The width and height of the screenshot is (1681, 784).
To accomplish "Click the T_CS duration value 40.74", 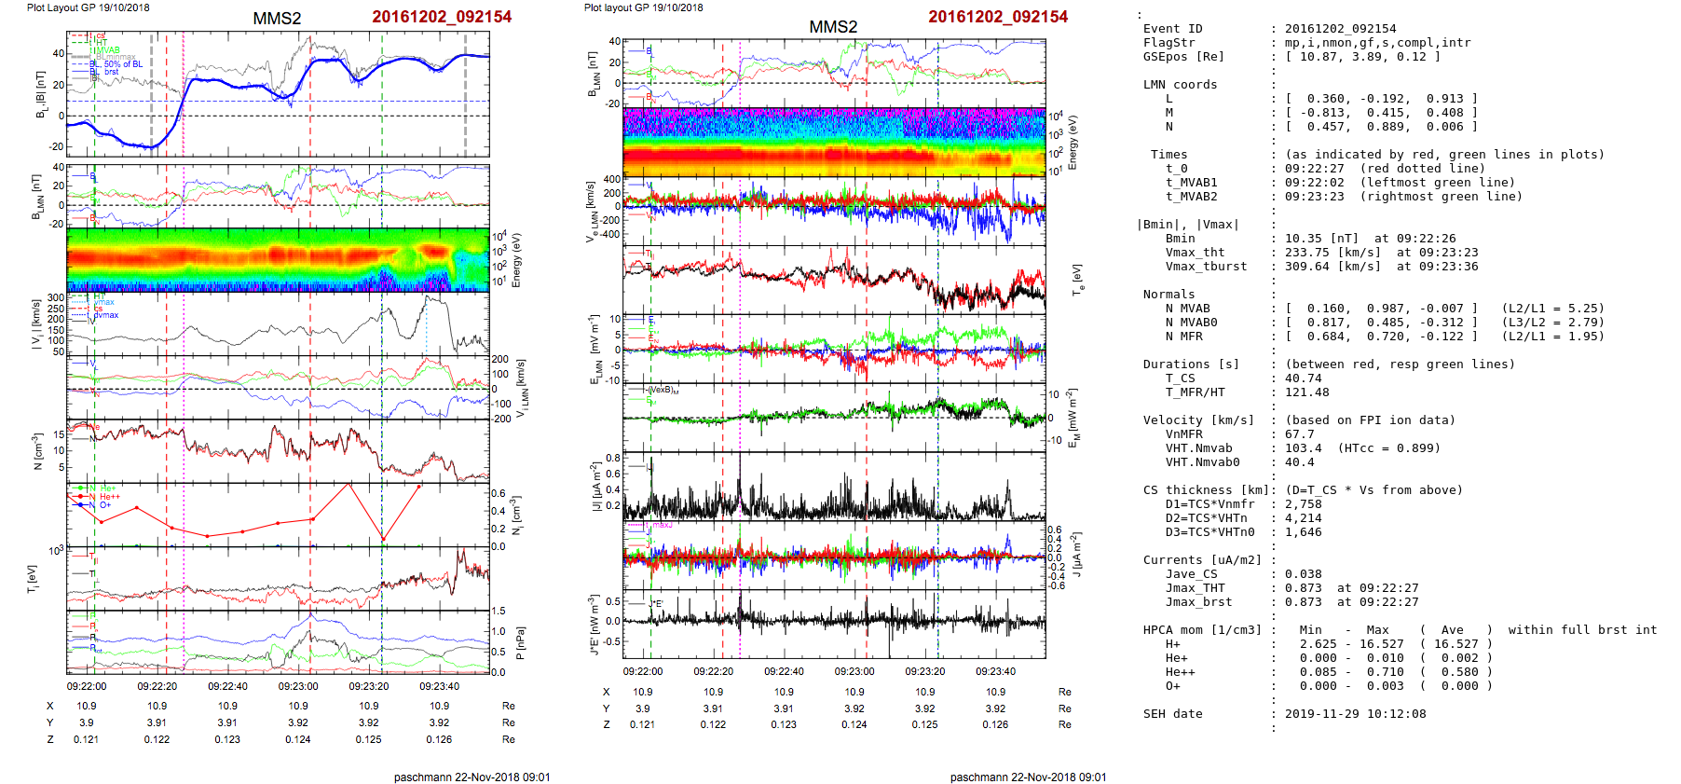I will pos(1304,378).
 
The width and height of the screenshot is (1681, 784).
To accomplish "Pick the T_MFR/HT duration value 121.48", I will pos(1307,392).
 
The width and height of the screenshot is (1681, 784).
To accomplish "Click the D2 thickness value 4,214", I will pos(1304,518).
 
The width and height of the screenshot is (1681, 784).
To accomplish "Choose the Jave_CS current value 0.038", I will pos(1304,574).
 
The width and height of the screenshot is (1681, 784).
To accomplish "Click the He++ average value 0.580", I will pos(1460,672).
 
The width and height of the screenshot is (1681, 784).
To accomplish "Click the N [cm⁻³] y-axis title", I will pos(37,451).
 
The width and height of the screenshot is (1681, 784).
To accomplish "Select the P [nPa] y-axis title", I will pos(520,642).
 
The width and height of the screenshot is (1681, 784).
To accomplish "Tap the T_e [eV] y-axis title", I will pos(1078,279).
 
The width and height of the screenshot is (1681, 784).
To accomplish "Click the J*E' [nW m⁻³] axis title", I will pos(593,625).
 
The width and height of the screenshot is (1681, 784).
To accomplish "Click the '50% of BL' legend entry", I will pos(123,64).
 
